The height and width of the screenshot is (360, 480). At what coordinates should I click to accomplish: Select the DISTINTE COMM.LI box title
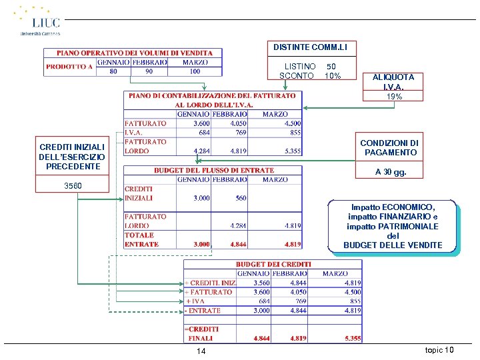(x=311, y=47)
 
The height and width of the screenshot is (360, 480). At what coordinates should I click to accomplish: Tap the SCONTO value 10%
(x=333, y=76)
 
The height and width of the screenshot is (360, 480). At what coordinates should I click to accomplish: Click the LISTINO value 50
(x=331, y=67)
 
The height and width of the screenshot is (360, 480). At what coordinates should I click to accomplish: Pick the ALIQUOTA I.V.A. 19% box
(x=393, y=87)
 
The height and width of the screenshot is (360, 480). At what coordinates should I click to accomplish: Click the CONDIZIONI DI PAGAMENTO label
(x=389, y=148)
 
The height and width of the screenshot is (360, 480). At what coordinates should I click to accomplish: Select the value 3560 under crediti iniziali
(x=73, y=185)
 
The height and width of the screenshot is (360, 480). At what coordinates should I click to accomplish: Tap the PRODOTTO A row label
(x=69, y=67)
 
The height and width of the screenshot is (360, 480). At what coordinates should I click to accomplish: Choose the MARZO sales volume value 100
(x=194, y=71)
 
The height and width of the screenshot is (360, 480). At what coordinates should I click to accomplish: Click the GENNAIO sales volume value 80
(x=114, y=71)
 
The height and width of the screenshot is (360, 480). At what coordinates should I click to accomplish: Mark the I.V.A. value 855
(x=293, y=133)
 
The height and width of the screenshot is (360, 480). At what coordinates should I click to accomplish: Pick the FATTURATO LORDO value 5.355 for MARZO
(x=292, y=151)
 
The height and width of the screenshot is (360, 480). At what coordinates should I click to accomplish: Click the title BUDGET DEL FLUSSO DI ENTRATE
(x=214, y=171)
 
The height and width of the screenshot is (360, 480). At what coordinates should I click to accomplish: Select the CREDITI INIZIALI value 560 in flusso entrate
(x=240, y=198)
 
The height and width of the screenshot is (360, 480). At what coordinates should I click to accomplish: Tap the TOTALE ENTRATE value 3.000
(x=201, y=245)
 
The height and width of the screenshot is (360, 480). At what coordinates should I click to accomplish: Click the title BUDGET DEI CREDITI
(x=273, y=265)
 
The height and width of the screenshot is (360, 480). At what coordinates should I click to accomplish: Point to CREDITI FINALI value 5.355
(x=353, y=339)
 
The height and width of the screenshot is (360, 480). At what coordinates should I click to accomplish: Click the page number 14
(x=201, y=351)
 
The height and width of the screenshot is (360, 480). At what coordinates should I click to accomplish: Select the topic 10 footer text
(x=439, y=350)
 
